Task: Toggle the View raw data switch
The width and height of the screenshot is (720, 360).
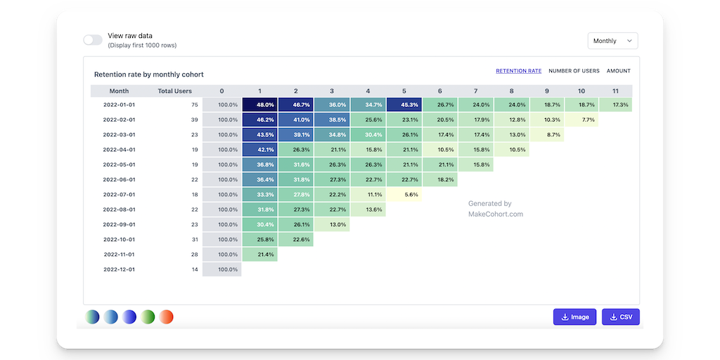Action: (93, 40)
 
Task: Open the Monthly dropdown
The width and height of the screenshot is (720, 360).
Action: (612, 41)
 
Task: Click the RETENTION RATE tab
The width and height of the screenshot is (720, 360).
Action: (518, 71)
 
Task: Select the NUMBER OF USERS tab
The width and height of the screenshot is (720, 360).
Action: (574, 71)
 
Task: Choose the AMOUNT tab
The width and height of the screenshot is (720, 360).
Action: (619, 71)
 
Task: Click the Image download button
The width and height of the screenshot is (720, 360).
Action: (574, 317)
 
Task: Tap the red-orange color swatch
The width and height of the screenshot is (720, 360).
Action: (166, 317)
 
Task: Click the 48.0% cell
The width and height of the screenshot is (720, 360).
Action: (260, 105)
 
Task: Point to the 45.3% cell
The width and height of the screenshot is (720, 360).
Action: (404, 105)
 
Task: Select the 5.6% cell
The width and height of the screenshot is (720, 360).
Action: (404, 195)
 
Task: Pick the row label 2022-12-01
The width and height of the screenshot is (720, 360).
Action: (119, 269)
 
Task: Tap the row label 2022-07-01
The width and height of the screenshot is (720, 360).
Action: (119, 195)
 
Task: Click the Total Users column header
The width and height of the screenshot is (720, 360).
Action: (175, 91)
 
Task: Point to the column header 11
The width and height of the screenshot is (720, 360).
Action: (615, 91)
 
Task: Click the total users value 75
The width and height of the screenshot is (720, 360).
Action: (194, 105)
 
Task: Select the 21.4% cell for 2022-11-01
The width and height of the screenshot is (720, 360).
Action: (260, 255)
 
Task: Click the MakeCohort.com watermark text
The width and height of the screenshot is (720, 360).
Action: (496, 214)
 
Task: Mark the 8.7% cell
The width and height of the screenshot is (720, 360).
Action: (547, 135)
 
